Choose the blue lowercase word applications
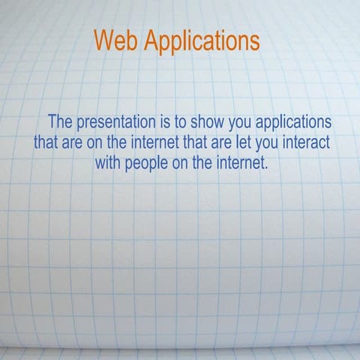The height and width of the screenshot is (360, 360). [x=296, y=122]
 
